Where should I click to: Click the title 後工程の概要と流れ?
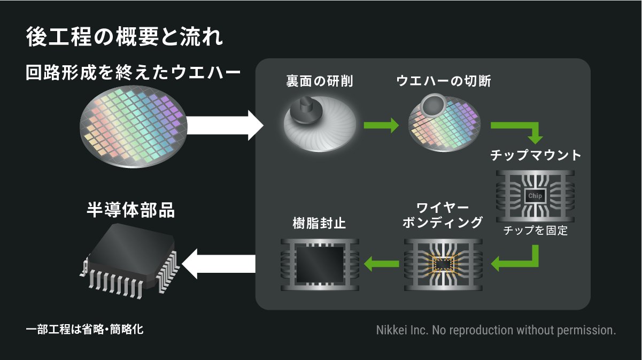tap(124, 39)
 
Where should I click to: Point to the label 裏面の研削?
tap(320, 81)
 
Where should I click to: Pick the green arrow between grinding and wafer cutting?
tap(381, 126)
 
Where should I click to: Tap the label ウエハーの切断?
tap(444, 81)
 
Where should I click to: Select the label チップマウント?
tap(535, 155)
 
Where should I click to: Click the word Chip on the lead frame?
tap(535, 196)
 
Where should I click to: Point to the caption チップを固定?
tap(535, 232)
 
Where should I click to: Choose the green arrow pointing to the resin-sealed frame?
tap(381, 263)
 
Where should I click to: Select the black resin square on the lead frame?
tap(320, 264)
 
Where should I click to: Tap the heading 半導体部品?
tap(130, 210)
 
